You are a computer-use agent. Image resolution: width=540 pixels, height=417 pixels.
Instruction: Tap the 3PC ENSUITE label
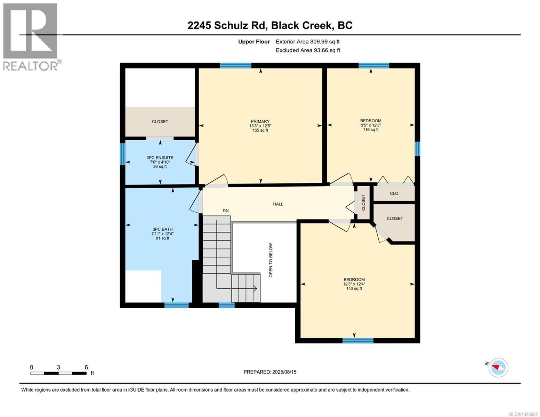click(160, 162)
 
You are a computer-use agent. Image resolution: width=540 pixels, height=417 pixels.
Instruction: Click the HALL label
click(278, 204)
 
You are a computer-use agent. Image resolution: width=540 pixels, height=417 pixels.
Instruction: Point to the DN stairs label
click(226, 211)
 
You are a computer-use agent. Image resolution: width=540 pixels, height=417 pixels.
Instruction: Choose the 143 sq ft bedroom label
click(354, 284)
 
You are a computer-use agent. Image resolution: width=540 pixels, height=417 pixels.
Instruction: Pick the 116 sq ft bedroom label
click(371, 125)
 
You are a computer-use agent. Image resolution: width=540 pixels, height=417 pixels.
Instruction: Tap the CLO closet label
click(394, 193)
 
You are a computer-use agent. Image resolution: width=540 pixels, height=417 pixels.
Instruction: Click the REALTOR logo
click(31, 36)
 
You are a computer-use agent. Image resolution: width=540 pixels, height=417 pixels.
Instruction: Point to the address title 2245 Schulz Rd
click(270, 25)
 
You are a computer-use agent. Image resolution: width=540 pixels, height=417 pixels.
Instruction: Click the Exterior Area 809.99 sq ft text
click(307, 42)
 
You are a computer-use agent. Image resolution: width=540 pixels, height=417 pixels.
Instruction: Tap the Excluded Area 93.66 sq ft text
click(308, 50)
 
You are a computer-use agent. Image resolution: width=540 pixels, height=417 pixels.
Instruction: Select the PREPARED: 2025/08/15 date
click(270, 372)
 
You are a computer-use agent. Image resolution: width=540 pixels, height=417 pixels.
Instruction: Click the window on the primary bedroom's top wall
click(235, 65)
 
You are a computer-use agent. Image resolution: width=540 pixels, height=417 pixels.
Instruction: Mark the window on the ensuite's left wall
click(122, 154)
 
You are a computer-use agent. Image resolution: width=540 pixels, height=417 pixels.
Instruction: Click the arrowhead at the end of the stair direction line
click(255, 288)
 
